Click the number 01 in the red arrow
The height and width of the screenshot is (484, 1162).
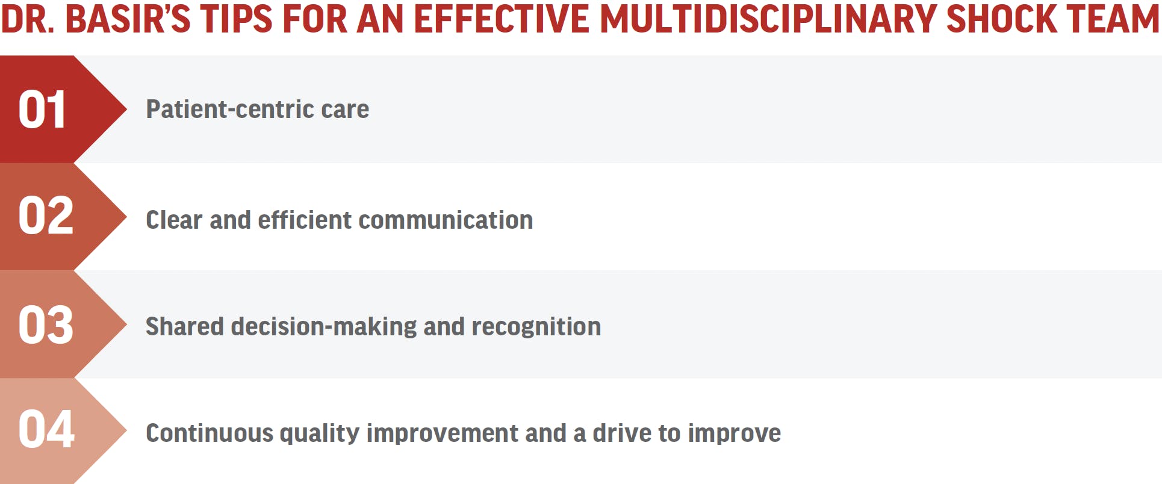[x=42, y=110]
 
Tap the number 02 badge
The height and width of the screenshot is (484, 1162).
[x=46, y=216]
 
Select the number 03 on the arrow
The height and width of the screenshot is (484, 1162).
[x=46, y=325]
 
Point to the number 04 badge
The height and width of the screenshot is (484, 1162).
[x=46, y=429]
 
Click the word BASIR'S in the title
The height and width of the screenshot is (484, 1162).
[x=128, y=18]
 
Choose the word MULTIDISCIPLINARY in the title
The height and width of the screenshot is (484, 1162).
[x=768, y=18]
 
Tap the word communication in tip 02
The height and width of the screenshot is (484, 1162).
[x=446, y=220]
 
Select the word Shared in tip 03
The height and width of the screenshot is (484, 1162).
[x=185, y=326]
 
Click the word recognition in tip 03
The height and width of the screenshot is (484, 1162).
[x=536, y=326]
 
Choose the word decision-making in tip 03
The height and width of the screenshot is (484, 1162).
[x=324, y=327]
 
